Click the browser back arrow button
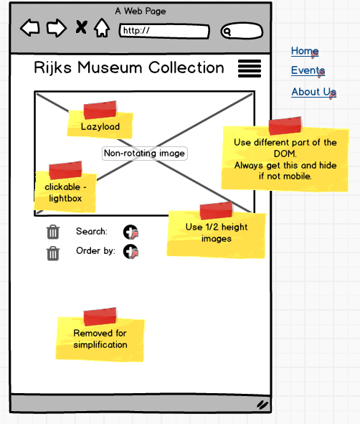30,27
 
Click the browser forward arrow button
57,27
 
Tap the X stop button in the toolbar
81,27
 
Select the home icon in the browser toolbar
102,27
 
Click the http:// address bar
164,31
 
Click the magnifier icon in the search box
227,32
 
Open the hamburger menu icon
250,68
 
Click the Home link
305,51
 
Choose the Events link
308,70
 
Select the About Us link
313,92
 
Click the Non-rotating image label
145,154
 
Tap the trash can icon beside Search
52,232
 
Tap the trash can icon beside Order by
52,253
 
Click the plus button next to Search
131,232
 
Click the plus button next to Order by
131,252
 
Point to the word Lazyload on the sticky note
100,126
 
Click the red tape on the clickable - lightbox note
65,170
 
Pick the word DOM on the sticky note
285,154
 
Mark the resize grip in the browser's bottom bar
262,405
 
